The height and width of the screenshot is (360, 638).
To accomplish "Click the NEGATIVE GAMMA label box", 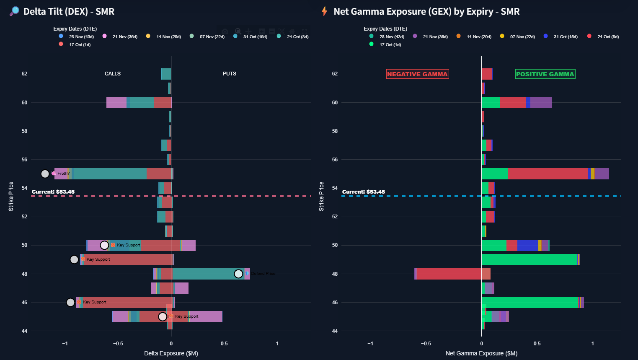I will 417,74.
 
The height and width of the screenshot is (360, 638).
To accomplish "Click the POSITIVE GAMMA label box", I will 545,74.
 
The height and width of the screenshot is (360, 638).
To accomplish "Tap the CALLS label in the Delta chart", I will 113,74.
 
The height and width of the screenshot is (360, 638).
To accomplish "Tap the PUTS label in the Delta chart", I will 230,74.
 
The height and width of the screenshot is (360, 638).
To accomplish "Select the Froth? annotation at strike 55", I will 63,174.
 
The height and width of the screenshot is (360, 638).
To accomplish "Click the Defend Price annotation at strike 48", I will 263,274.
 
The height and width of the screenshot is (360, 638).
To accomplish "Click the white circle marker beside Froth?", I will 45,174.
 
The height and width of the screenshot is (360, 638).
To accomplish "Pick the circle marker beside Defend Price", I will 238,274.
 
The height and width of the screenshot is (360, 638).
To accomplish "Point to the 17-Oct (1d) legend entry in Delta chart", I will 80,45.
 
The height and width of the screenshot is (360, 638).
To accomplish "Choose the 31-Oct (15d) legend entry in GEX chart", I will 565,37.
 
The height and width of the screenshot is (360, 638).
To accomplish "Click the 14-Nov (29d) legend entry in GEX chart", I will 479,37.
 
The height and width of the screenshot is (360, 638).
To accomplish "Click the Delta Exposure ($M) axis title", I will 171,353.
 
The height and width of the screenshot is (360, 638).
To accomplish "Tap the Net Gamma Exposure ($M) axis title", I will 481,353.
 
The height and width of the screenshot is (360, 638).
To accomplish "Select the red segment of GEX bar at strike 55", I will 548,174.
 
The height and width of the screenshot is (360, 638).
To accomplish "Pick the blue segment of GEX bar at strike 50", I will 527,245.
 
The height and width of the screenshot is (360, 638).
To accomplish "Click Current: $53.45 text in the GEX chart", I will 363,192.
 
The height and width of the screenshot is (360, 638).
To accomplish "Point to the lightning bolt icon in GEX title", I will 324,11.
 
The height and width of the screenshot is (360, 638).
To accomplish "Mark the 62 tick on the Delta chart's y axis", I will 24,74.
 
